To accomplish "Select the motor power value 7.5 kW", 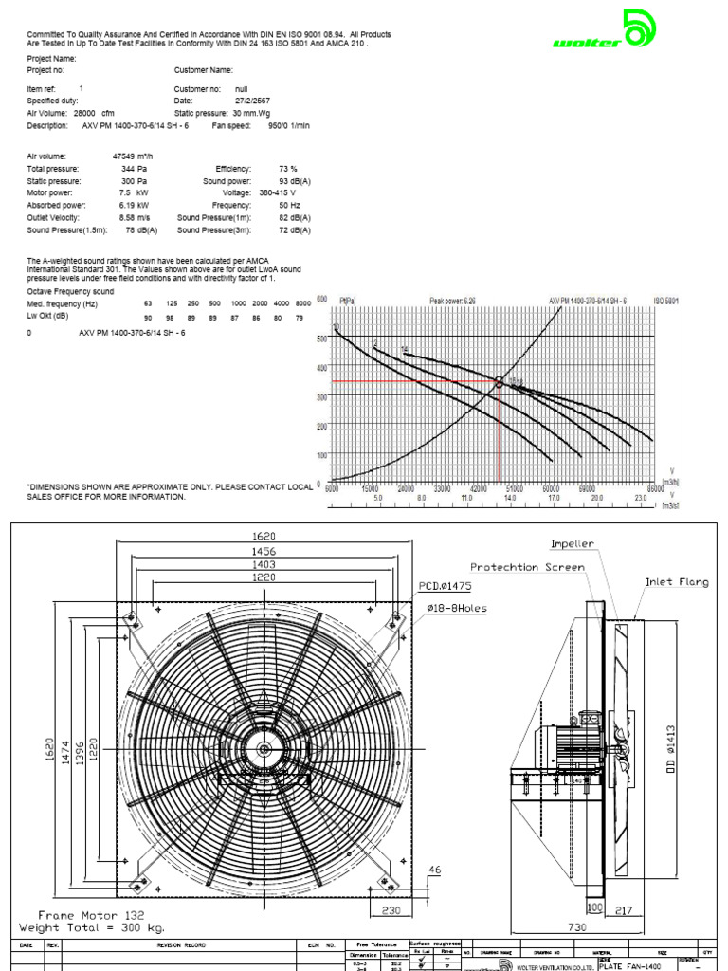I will [x=134, y=192].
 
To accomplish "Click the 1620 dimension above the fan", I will [x=265, y=536].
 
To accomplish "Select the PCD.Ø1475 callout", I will [x=446, y=587].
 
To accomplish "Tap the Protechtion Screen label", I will [x=527, y=567].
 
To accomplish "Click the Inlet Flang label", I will [x=677, y=582].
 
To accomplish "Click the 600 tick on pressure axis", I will [x=322, y=298].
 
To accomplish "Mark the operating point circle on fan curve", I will [x=499, y=382].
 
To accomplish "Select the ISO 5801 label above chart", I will [x=666, y=300].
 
